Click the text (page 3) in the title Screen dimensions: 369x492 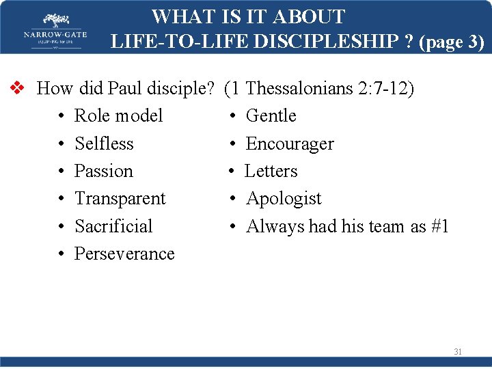452,42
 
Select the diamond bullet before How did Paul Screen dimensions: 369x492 18,88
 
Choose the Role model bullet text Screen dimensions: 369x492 118,115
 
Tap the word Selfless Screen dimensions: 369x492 104,143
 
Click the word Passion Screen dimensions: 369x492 103,171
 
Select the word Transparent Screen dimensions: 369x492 120,198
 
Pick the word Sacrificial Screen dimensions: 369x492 113,226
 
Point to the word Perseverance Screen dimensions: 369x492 124,254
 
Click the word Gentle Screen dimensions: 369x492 271,115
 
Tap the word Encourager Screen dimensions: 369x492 290,143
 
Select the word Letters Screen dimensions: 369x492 271,171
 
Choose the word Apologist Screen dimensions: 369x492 284,198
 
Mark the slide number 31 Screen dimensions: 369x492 458,352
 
